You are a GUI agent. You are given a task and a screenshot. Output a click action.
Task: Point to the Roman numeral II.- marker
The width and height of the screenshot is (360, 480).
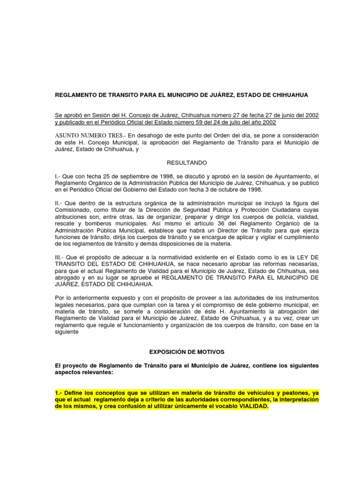point(60,203)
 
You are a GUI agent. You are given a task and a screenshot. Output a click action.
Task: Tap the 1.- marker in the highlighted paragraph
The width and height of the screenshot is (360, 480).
point(60,392)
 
